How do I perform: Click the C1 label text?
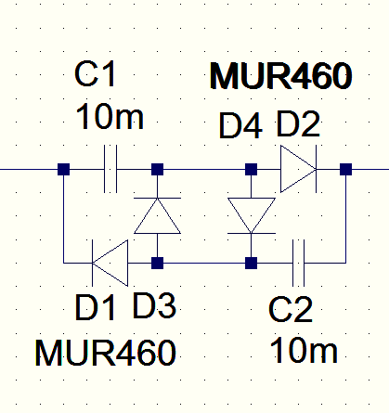[95, 74]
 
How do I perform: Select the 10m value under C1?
[110, 117]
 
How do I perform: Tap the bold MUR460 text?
[280, 76]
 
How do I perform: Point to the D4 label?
[240, 126]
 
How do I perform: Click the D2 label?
[298, 124]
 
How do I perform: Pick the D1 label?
[95, 307]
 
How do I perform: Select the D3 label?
[154, 305]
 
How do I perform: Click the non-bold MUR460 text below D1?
[106, 353]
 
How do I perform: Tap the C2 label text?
[291, 309]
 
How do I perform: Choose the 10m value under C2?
[304, 350]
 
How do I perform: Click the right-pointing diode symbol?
[298, 169]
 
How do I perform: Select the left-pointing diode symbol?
[110, 263]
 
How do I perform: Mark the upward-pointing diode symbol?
[157, 215]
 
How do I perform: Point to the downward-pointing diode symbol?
[252, 215]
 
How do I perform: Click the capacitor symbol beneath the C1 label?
[110, 169]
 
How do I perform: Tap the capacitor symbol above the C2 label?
[299, 263]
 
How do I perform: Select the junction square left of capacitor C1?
[63, 170]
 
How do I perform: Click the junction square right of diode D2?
[345, 170]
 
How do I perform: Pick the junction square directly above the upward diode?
[157, 170]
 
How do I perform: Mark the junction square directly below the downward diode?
[252, 264]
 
